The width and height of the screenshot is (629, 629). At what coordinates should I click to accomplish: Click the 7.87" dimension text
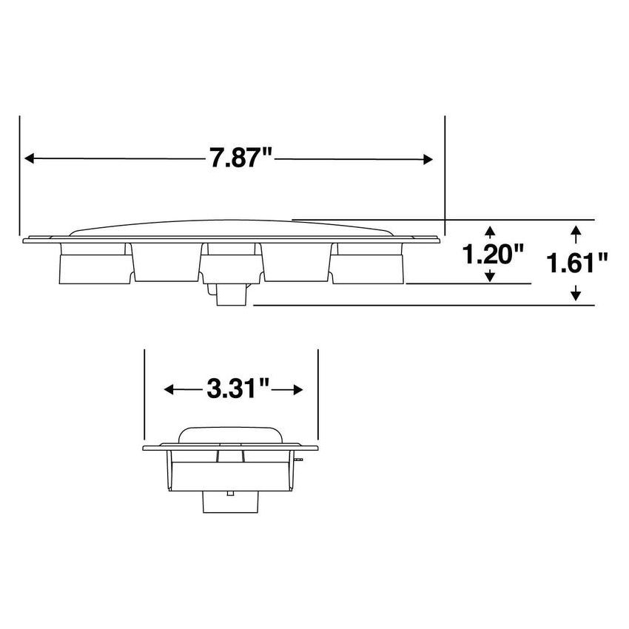point(240,159)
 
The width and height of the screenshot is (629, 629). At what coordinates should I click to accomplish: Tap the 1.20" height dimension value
point(493,255)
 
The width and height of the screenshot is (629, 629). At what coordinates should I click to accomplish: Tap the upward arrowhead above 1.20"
point(489,230)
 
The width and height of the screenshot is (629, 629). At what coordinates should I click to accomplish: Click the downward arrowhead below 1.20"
point(489,276)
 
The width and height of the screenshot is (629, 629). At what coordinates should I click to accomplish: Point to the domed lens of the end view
point(230,435)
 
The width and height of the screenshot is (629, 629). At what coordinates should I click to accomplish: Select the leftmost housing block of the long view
point(93,264)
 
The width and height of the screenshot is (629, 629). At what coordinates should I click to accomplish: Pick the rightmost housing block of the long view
point(368,264)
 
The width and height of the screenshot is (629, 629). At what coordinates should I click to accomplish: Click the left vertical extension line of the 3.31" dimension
point(144,396)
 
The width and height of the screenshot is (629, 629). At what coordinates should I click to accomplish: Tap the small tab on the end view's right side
point(297,460)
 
